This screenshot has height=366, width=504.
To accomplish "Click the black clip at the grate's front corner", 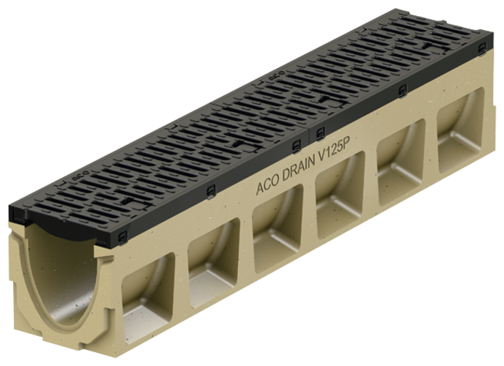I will click(120, 236).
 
